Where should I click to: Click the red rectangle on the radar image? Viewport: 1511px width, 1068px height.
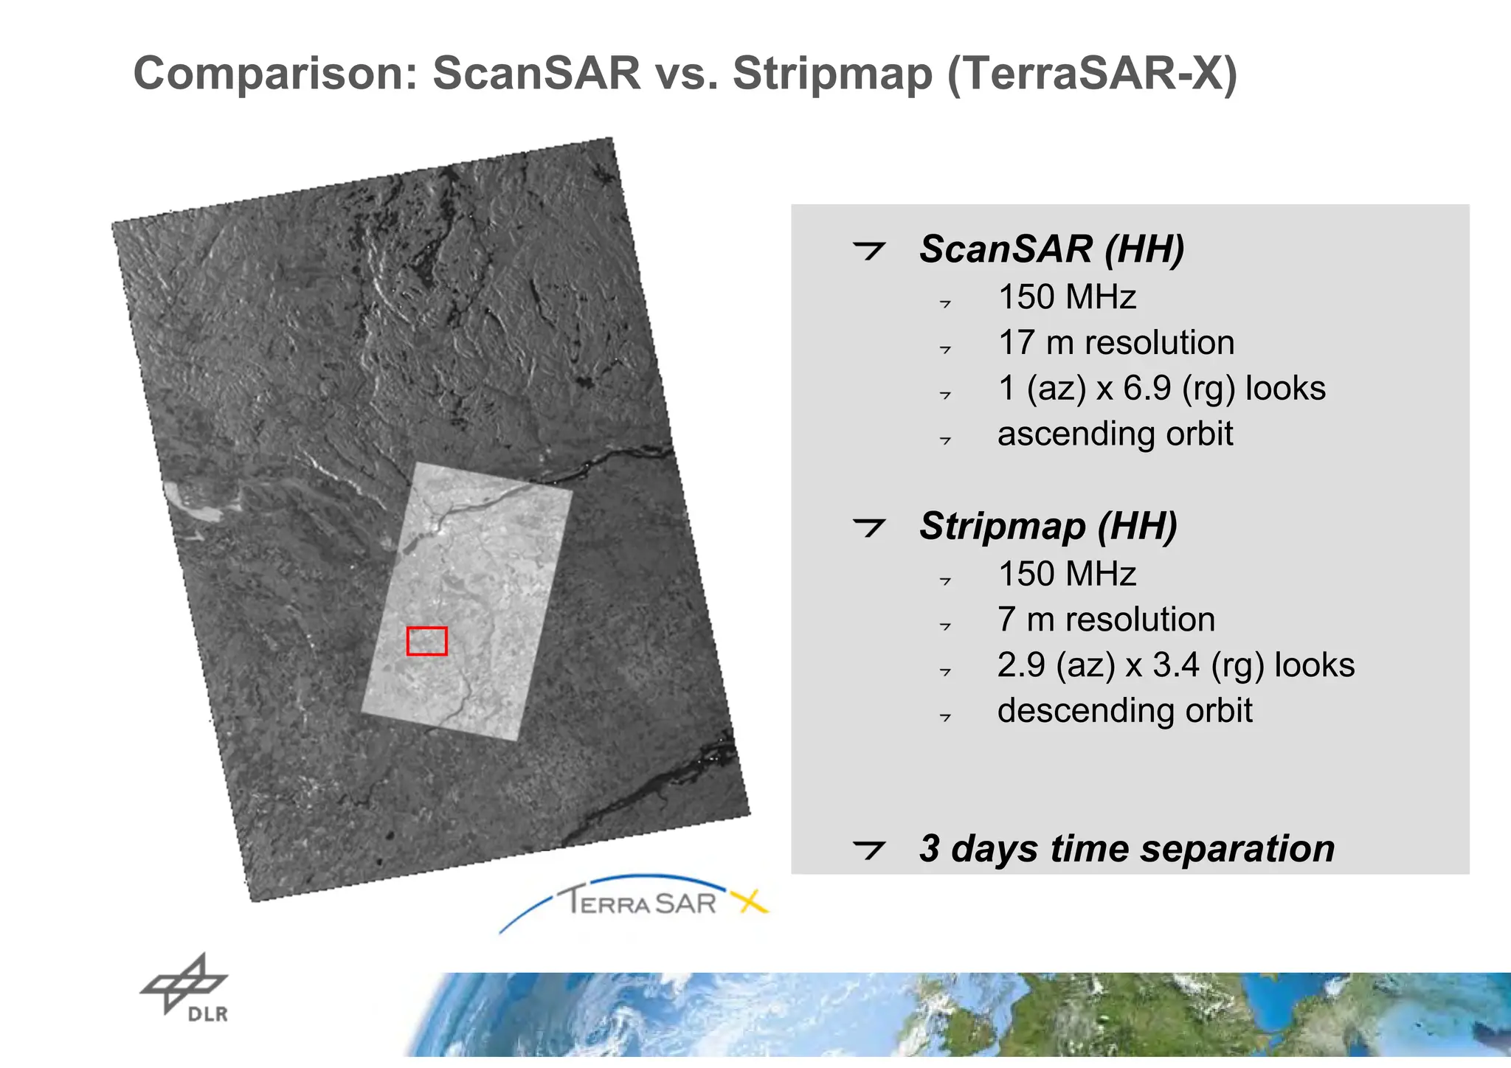426,641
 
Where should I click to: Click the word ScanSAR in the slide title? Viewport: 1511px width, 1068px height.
536,74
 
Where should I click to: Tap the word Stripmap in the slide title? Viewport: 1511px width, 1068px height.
832,74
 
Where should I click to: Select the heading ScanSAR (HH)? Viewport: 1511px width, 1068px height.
1051,249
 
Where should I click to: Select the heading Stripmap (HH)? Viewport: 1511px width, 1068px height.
1048,526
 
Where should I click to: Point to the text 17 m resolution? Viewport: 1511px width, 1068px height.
1116,343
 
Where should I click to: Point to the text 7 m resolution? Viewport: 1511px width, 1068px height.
1106,620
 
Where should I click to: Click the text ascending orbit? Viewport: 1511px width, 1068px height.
1115,434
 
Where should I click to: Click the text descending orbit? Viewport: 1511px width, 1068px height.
1124,711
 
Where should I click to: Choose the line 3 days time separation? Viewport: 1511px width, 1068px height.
1127,848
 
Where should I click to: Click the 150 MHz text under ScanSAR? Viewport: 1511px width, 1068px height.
1067,297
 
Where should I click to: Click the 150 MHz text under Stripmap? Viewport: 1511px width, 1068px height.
1067,574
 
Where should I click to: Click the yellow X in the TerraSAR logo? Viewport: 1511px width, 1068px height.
750,901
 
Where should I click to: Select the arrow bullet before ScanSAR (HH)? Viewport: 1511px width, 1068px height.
868,250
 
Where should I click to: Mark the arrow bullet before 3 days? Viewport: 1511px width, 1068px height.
868,850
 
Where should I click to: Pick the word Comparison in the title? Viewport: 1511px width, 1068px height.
275,74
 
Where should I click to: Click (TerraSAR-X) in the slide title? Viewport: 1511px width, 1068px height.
1092,74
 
